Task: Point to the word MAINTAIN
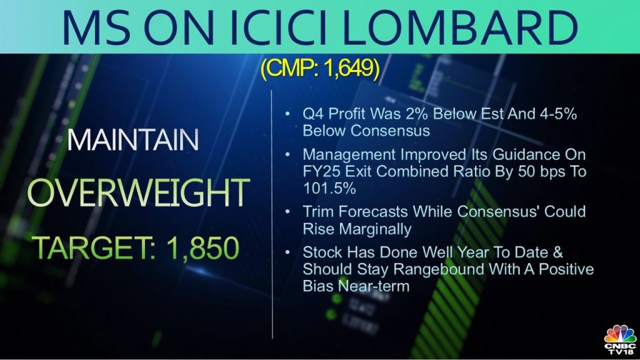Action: pos(132,140)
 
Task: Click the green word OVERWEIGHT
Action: pos(138,192)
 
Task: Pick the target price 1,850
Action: pos(202,247)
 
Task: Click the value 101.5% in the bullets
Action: pos(329,188)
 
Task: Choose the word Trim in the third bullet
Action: pos(317,212)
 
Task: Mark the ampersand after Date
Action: pos(558,252)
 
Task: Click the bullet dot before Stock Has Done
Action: pos(288,252)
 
